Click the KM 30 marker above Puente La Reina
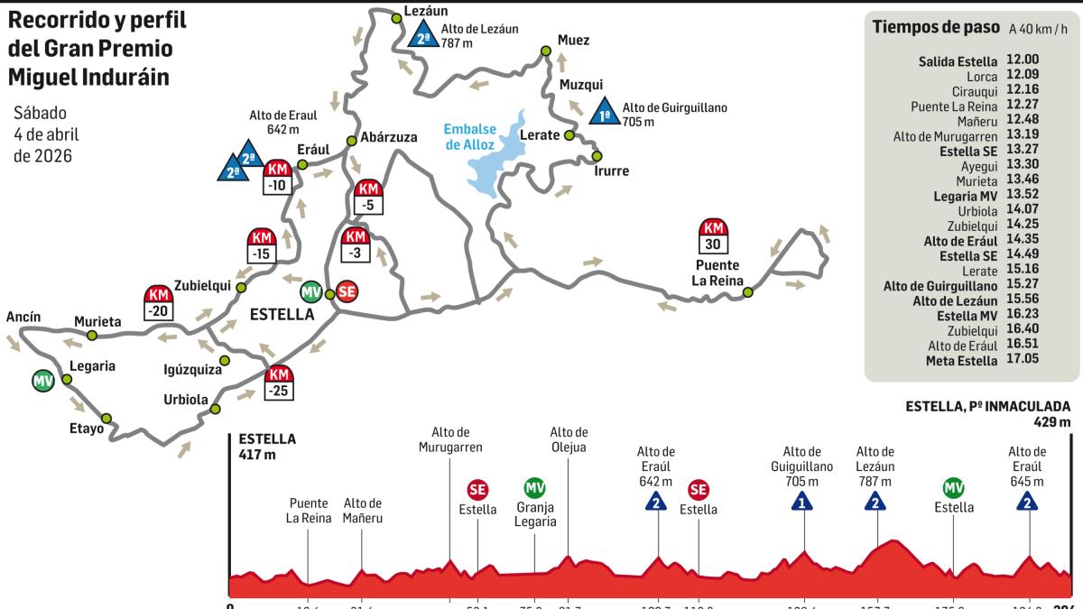pyautogui.click(x=714, y=236)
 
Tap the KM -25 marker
pyautogui.click(x=280, y=383)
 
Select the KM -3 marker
pyautogui.click(x=355, y=245)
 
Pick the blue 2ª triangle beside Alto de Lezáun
pyautogui.click(x=421, y=35)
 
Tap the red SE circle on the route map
pyautogui.click(x=345, y=291)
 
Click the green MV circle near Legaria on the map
pyautogui.click(x=42, y=381)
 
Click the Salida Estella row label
pyautogui.click(x=958, y=62)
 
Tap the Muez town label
pyautogui.click(x=573, y=41)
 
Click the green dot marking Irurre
pyautogui.click(x=597, y=156)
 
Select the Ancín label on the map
pyautogui.click(x=23, y=317)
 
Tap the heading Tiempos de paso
pyautogui.click(x=933, y=27)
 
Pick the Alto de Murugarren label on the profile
pyautogui.click(x=450, y=439)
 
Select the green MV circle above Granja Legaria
pyautogui.click(x=534, y=488)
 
